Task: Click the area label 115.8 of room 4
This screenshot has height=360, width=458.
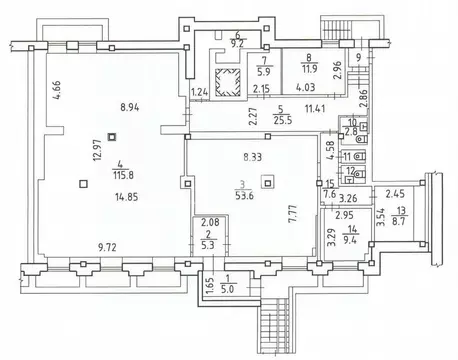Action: coord(123,175)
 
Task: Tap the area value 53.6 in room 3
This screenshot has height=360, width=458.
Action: coord(244,195)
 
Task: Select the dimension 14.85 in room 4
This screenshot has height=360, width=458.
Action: coord(127,197)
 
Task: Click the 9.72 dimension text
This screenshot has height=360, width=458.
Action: coord(107,247)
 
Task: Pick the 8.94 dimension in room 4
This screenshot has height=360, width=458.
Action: coord(130,107)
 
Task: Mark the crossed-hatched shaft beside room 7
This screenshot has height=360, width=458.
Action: coord(228,82)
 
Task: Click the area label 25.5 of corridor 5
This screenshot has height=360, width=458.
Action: coord(283,120)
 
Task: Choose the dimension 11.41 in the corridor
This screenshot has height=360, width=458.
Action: coord(315,108)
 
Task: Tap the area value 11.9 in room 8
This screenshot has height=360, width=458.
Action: coord(310,69)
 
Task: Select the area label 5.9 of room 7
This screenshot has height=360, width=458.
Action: coord(264,71)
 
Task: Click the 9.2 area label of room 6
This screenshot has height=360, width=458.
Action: coord(237,43)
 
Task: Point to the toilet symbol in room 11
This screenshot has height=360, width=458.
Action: coord(359,156)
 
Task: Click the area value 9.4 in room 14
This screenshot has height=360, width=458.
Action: coord(349,239)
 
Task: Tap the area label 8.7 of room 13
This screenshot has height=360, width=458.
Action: coord(398,221)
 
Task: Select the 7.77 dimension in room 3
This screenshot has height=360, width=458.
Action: coord(293,214)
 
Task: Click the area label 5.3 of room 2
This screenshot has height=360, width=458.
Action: coord(208,245)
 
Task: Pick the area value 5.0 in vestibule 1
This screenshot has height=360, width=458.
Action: coord(227,289)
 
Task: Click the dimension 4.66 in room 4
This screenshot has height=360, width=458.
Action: coord(57,90)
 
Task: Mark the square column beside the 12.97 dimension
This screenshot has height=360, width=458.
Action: coord(112,136)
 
